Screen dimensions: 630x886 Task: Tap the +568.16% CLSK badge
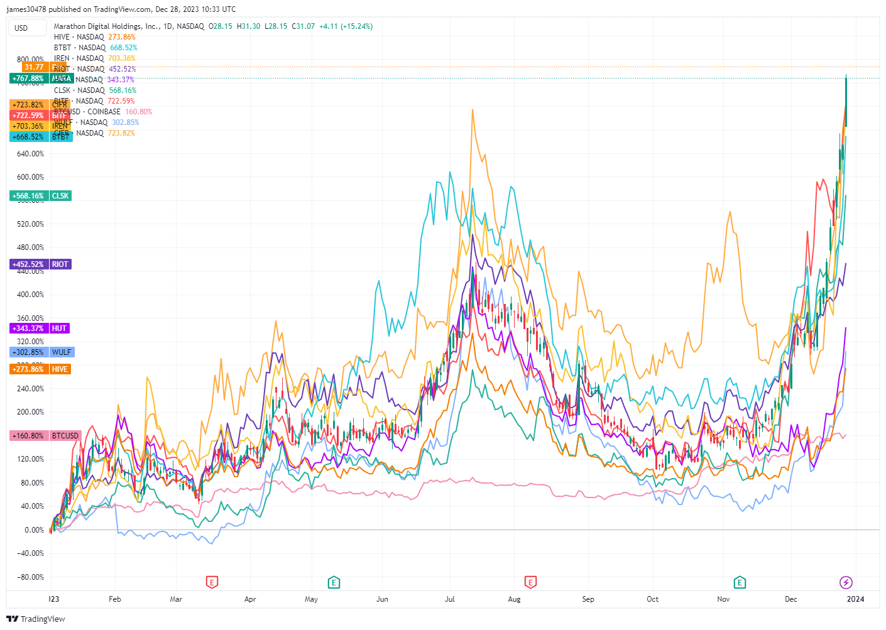pyautogui.click(x=41, y=196)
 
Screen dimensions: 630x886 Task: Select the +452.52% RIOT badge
pyautogui.click(x=41, y=264)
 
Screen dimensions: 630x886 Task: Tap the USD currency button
pyautogui.click(x=28, y=28)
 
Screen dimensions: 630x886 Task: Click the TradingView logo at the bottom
pyautogui.click(x=36, y=619)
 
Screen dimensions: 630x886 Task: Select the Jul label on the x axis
pyautogui.click(x=450, y=599)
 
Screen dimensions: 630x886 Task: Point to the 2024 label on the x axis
pyautogui.click(x=855, y=599)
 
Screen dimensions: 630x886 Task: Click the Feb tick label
pyautogui.click(x=114, y=599)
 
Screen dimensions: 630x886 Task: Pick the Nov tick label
pyautogui.click(x=723, y=599)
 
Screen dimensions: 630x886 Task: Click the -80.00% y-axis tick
pyautogui.click(x=30, y=577)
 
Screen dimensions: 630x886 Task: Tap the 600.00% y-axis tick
pyautogui.click(x=30, y=177)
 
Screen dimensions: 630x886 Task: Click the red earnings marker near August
pyautogui.click(x=531, y=582)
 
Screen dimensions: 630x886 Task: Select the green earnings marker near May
pyautogui.click(x=334, y=582)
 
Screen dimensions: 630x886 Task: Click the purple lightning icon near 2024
pyautogui.click(x=846, y=582)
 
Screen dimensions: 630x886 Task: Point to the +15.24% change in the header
pyautogui.click(x=356, y=26)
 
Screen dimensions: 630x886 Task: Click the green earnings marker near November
pyautogui.click(x=740, y=582)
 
